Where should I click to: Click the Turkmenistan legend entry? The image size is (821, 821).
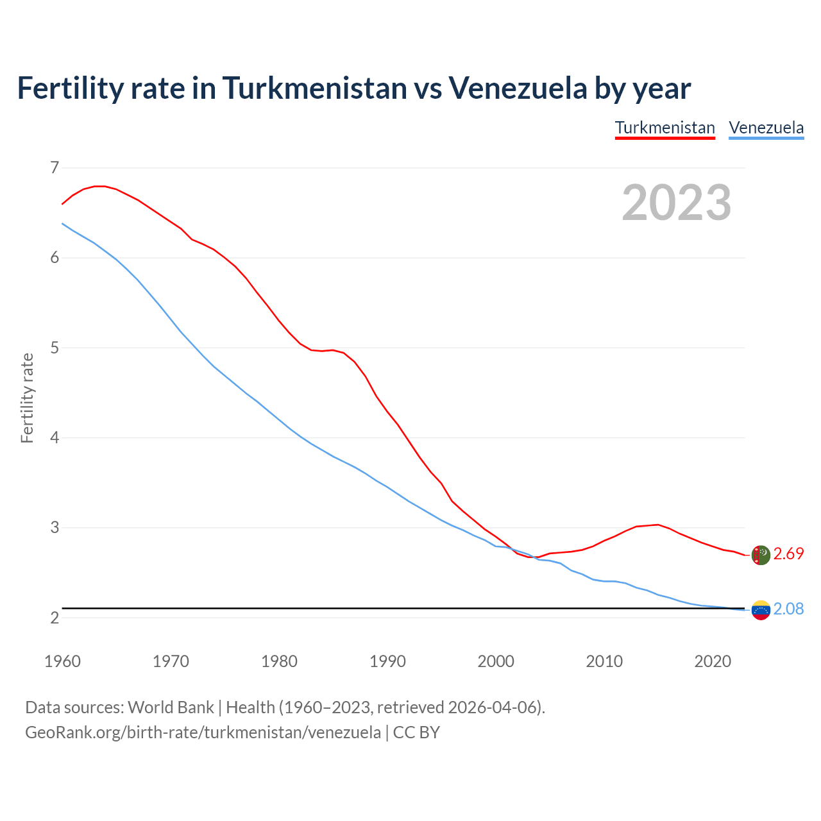pos(664,128)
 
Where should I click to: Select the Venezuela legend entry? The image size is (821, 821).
pos(766,128)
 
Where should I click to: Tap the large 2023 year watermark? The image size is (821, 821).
pos(676,203)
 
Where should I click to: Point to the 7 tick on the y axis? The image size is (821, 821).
pos(55,168)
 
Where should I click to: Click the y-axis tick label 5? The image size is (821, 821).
pos(55,348)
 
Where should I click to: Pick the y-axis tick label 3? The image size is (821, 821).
pos(55,528)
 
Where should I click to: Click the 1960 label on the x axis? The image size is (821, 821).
pos(62,661)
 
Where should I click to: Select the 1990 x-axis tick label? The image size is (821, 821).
pos(387,661)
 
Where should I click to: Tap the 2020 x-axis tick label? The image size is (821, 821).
pos(713,661)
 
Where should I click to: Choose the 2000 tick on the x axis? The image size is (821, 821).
pos(496,661)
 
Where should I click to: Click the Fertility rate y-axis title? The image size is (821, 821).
pos(27,398)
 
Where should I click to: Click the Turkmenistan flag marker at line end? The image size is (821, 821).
pos(761,555)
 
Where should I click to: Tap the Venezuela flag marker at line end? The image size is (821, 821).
pos(761,610)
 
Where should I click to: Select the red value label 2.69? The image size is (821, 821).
pos(788,554)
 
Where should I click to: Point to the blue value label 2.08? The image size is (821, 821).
pos(788,609)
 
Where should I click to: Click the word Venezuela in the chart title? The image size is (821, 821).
pos(517,88)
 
